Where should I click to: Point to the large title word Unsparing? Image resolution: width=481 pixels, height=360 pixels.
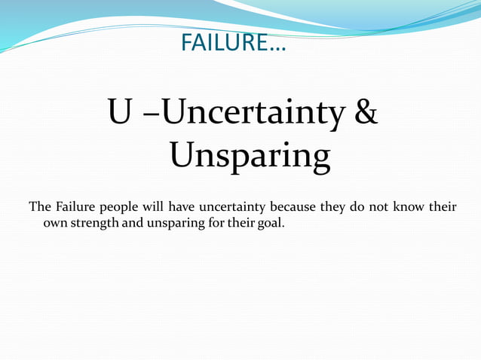(x=250, y=157)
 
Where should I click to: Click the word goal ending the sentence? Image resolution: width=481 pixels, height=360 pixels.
(x=270, y=224)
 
